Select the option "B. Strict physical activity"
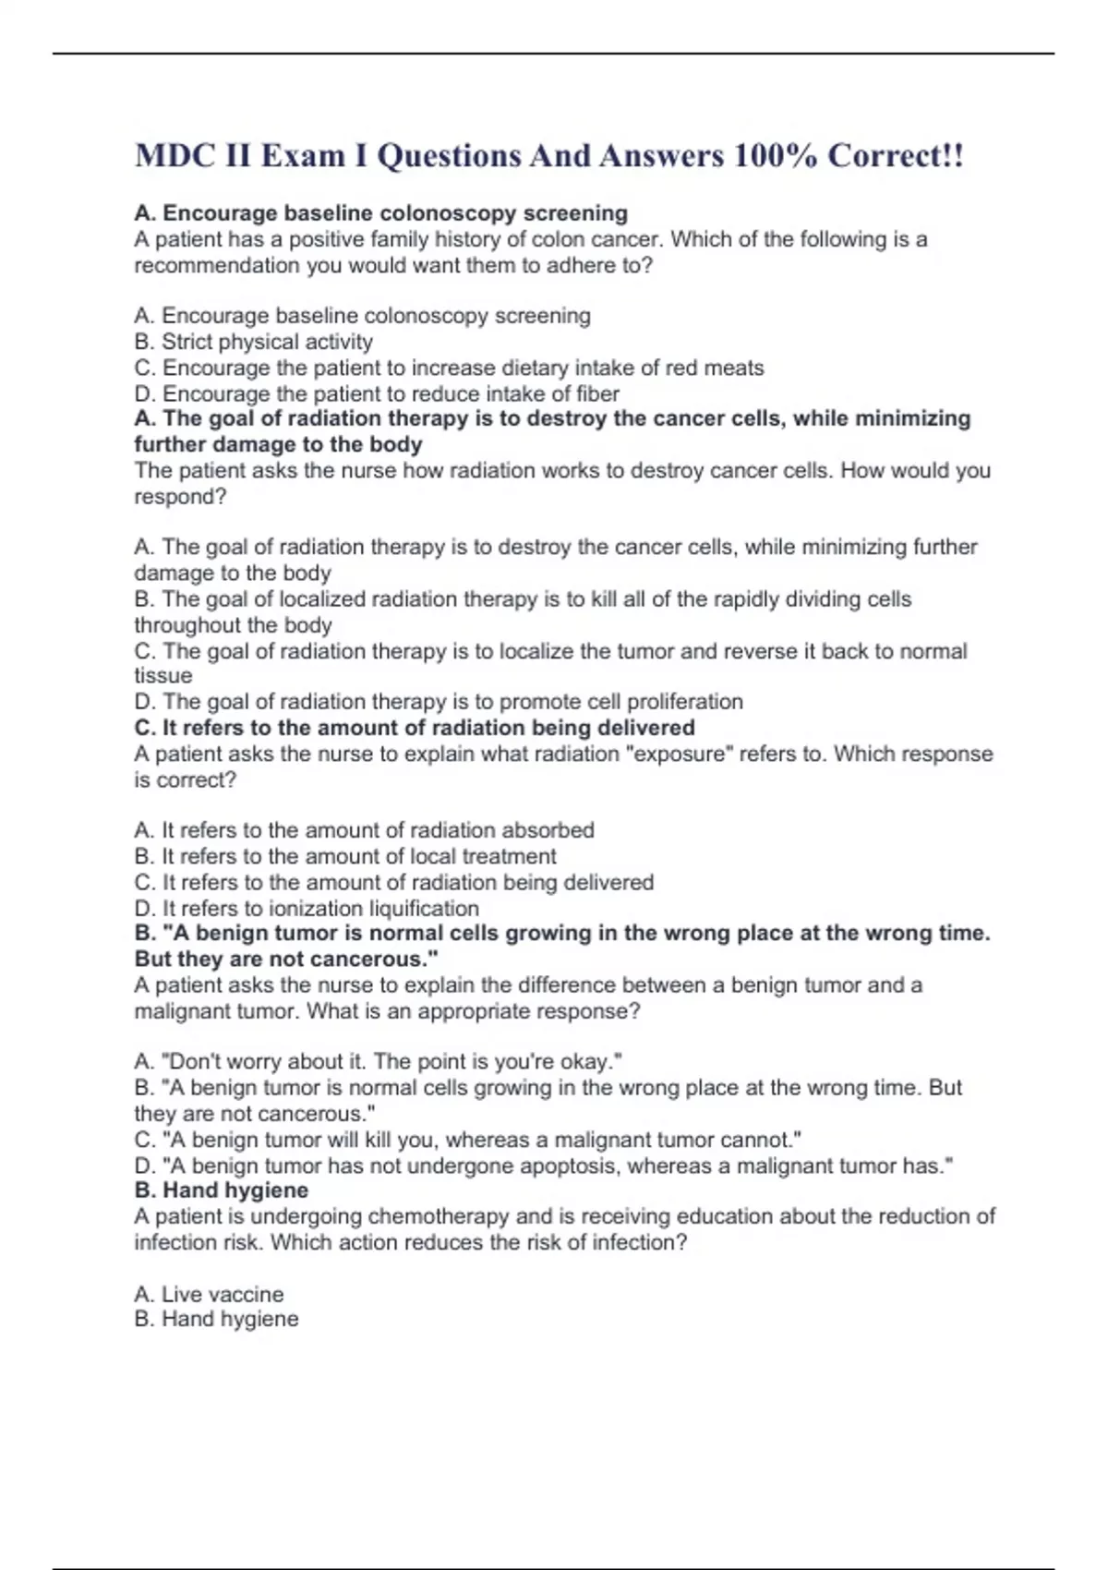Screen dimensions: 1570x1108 254,342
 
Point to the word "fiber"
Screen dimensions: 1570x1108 597,393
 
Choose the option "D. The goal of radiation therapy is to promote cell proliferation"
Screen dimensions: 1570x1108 439,702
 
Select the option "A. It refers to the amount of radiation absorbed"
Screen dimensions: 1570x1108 365,830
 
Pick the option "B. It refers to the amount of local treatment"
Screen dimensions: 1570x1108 345,856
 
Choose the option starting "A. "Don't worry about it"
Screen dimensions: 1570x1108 378,1061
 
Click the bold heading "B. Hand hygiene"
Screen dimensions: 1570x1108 222,1190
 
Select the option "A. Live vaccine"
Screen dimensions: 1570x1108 209,1294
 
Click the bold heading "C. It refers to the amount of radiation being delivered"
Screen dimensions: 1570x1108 415,728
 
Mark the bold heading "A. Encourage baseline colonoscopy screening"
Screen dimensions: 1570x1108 380,213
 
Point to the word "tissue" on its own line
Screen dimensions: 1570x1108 163,676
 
